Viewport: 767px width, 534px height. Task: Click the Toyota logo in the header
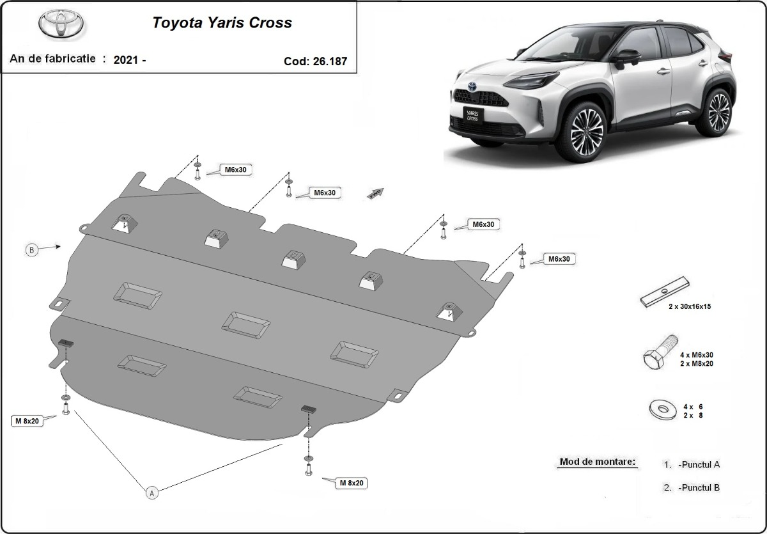[61, 25]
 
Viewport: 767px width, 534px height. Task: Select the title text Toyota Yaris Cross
[222, 23]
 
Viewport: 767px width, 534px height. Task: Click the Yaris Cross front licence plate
[472, 114]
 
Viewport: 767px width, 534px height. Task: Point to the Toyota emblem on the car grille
[472, 86]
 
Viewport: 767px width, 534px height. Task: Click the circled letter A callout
[151, 492]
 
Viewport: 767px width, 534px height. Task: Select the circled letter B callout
[31, 250]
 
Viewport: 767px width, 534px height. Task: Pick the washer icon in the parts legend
[661, 409]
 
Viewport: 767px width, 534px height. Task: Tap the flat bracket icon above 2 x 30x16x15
[665, 291]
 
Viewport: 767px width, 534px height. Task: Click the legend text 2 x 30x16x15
[689, 307]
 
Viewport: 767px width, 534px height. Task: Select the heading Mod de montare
[598, 462]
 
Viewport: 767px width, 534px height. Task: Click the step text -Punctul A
[699, 465]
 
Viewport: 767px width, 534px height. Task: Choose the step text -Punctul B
[699, 487]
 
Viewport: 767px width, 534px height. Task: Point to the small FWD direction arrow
[376, 192]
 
